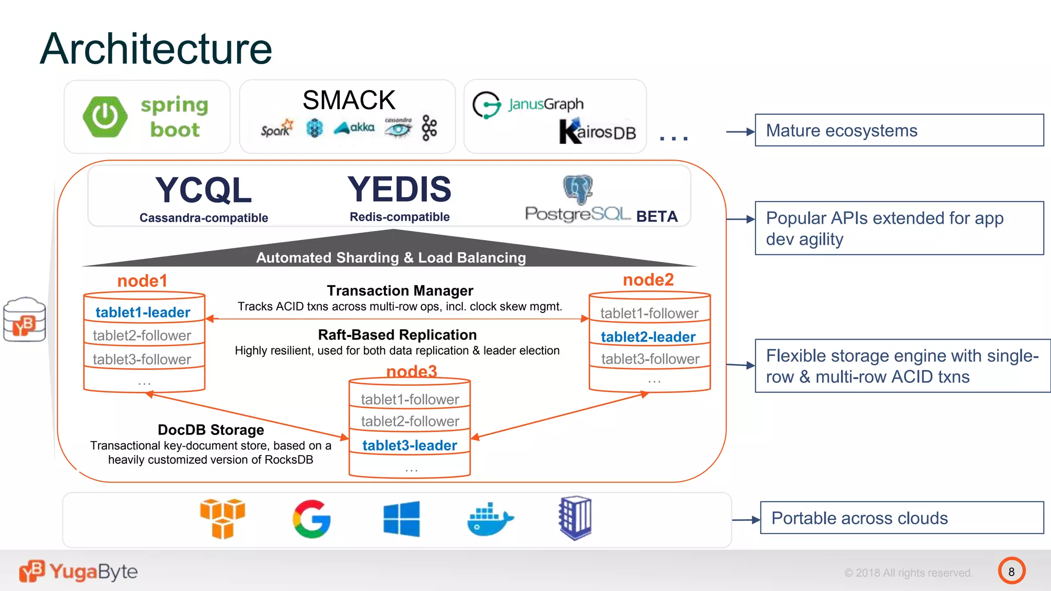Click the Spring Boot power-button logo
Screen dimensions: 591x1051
coord(105,117)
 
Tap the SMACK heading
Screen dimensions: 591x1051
coord(349,100)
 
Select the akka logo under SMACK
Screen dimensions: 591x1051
coord(355,127)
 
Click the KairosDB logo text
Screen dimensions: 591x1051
coord(597,131)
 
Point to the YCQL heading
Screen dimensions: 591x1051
coord(204,190)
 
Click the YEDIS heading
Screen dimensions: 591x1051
coord(399,189)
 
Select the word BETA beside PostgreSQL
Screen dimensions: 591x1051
coord(657,216)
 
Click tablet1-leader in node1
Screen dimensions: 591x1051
coord(143,312)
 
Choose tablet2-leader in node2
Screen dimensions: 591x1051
coord(648,337)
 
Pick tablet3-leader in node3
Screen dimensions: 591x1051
coord(410,445)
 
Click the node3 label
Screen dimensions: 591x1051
coord(412,371)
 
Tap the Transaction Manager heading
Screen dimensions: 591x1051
coord(400,291)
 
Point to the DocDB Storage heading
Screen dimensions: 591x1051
coord(211,430)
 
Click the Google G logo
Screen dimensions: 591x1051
coord(312,519)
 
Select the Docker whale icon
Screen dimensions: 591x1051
coord(490,520)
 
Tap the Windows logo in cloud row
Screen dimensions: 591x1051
coord(401,519)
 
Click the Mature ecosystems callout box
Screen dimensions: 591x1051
coord(899,130)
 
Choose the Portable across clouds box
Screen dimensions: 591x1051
coord(901,518)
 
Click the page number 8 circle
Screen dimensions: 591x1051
coord(1011,572)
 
